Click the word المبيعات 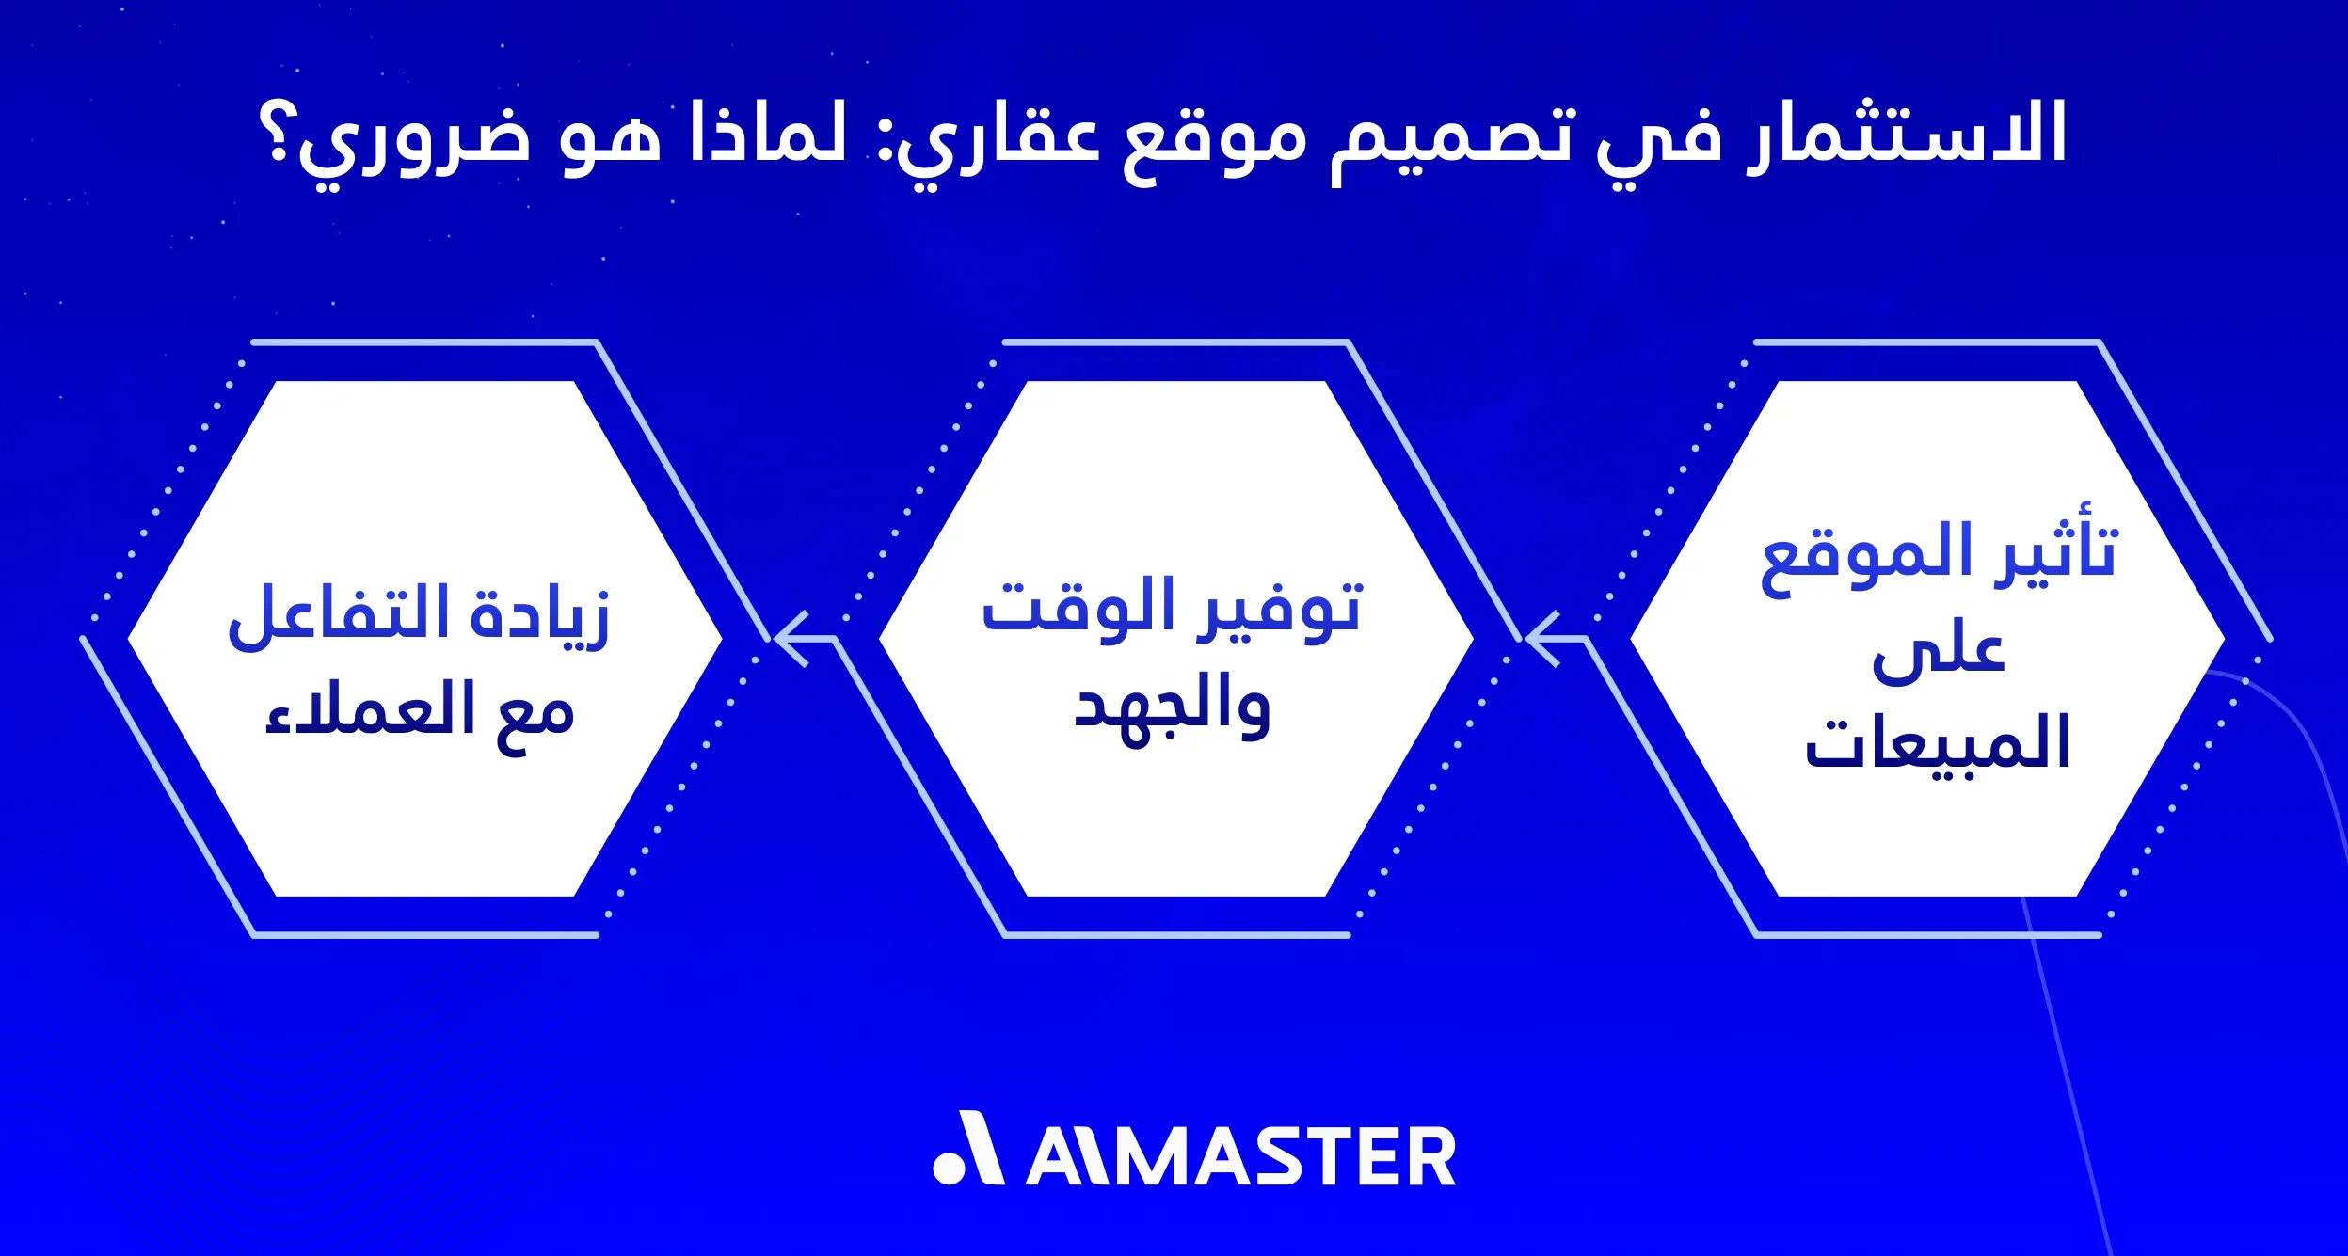(x=1938, y=743)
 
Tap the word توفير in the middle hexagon (x=1280, y=610)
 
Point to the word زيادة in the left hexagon (x=541, y=616)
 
